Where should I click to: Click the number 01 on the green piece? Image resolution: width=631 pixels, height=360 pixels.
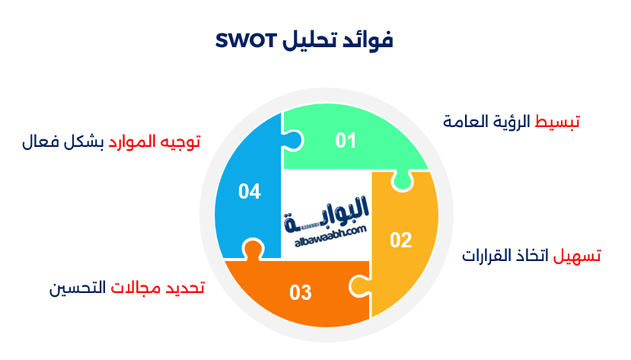click(x=346, y=140)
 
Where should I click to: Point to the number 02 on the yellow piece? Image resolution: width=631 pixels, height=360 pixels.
click(x=400, y=241)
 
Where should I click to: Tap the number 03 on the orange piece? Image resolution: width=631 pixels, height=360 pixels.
click(x=301, y=292)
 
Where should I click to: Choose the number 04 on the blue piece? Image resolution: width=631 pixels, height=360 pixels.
click(x=249, y=192)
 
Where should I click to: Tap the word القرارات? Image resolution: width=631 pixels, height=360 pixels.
click(x=488, y=256)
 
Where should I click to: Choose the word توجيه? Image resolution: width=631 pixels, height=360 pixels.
click(x=180, y=142)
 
